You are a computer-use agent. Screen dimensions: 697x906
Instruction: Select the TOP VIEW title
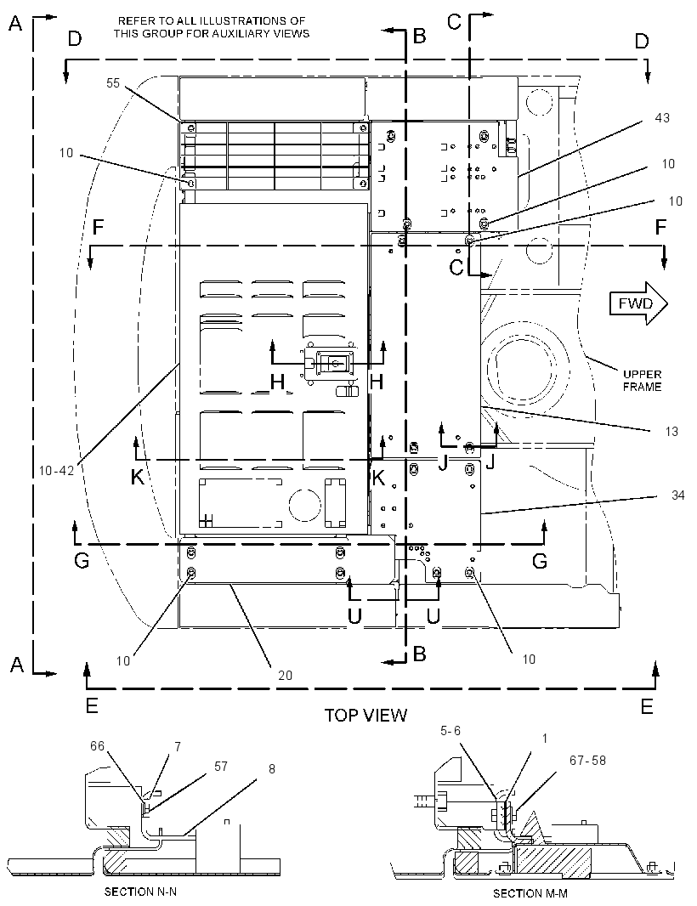coord(365,715)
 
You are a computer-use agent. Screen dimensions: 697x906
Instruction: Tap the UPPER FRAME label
coord(642,380)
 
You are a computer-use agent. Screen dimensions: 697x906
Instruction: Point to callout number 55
coord(113,83)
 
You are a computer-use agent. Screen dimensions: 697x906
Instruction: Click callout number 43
coord(662,118)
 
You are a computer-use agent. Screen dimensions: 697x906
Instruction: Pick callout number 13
coord(671,431)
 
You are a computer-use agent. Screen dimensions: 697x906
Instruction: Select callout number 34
coord(678,495)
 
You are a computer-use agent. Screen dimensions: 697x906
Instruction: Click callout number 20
coord(285,675)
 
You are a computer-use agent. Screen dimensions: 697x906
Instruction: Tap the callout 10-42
coord(57,471)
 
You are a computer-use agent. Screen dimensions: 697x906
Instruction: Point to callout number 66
coord(97,746)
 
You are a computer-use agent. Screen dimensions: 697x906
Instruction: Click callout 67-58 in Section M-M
coord(587,761)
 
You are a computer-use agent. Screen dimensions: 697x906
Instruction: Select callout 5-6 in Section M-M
coord(450,731)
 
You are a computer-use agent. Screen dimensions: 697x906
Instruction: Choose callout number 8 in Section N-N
coord(272,769)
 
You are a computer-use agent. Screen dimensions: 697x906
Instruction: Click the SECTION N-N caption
coord(140,892)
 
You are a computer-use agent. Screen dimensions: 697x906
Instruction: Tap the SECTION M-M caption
coord(530,893)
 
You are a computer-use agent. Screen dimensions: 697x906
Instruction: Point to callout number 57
coord(221,766)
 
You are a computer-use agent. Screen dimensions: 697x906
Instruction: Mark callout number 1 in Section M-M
coord(544,738)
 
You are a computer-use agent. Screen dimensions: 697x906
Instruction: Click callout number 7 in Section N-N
coord(178,746)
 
